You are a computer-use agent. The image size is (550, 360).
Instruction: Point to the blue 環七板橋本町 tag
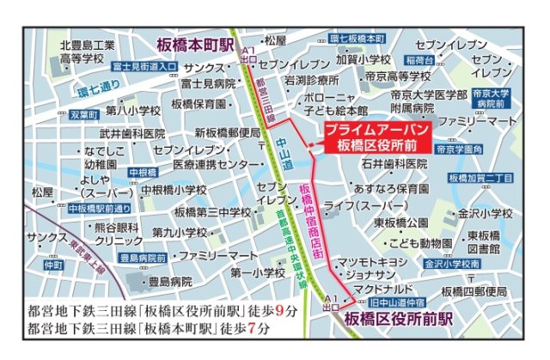tap(357, 39)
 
